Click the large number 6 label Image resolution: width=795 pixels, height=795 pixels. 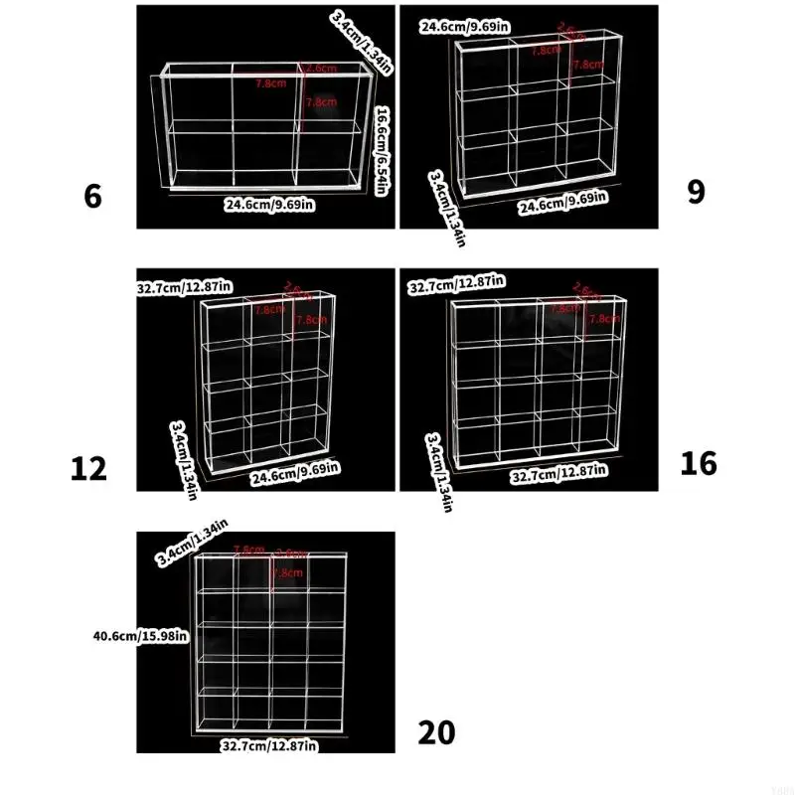pyautogui.click(x=92, y=196)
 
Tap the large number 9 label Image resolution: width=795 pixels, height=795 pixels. pyautogui.click(x=696, y=191)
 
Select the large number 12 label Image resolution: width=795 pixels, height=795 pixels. pyautogui.click(x=88, y=467)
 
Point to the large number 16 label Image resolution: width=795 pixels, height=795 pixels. pyautogui.click(x=699, y=463)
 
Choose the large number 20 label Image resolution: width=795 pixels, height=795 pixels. pyautogui.click(x=436, y=732)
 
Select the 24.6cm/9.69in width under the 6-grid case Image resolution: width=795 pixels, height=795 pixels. pyautogui.click(x=268, y=205)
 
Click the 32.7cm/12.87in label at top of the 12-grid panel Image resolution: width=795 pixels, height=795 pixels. pyautogui.click(x=185, y=287)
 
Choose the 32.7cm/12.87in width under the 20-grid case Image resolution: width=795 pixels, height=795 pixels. pyautogui.click(x=268, y=744)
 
